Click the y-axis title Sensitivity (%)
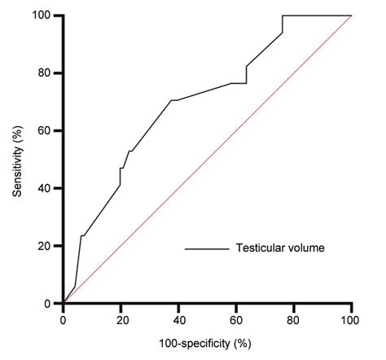pos(18,159)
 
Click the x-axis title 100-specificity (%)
pos(208,346)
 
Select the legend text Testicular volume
pos(281,248)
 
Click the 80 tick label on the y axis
pos(49,73)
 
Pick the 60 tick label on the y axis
pos(49,130)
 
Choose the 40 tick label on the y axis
pos(49,188)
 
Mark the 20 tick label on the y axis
pos(49,246)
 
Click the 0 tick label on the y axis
pos(52,303)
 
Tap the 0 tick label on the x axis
pos(64,319)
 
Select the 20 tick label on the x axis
pos(121,319)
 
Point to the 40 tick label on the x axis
pos(178,319)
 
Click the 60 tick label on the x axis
pos(236,319)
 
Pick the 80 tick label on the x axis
pos(294,319)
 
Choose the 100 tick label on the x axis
pos(351,319)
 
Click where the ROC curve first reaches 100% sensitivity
pos(283,15)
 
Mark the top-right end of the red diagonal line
pos(351,15)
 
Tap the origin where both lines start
pos(64,303)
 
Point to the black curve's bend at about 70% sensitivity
pos(172,100)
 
